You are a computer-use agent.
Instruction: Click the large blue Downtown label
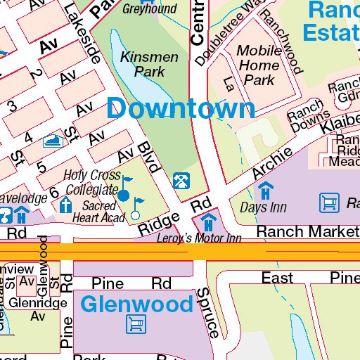181,108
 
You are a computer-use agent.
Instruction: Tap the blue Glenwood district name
136,304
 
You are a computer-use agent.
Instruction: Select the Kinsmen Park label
143,63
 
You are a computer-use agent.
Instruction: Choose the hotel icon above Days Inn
265,191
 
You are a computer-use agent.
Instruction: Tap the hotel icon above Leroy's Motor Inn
207,223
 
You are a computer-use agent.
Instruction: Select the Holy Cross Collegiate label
91,182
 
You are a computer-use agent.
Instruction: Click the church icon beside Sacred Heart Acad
65,206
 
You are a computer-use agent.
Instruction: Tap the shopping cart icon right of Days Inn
328,203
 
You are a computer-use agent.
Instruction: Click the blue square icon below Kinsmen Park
180,181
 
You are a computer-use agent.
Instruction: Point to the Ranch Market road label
307,231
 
